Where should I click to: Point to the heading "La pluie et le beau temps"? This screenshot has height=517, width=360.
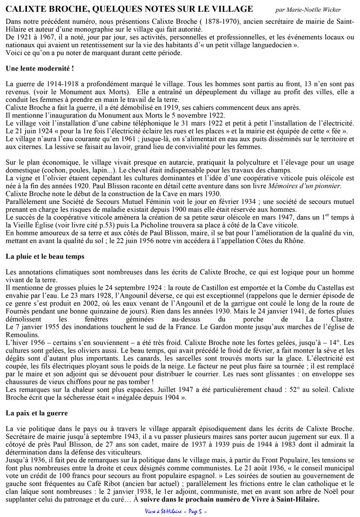46,256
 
